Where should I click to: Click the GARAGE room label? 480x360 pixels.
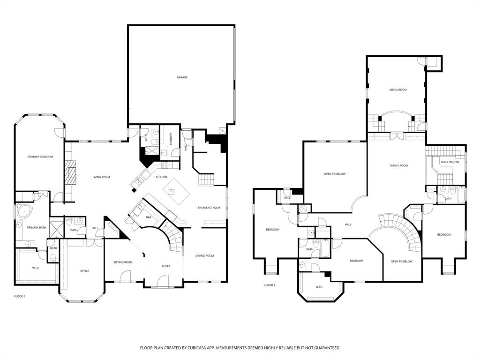coord(182,77)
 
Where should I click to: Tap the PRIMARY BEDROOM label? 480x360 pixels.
coord(40,157)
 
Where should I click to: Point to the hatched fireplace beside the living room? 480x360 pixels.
coord(70,174)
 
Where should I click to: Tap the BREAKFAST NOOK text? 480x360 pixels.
coord(209,207)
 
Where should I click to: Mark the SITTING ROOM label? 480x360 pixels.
coord(123,262)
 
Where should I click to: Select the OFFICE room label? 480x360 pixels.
coord(84,270)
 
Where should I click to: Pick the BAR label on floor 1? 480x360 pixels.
coord(149,217)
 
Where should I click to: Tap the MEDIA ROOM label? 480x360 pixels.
coord(398,90)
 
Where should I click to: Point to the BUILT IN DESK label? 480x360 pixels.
coord(450,162)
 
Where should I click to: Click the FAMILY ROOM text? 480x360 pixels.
coord(398,165)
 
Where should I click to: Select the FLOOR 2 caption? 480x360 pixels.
coord(270,285)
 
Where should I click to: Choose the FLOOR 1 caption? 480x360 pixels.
coord(19,296)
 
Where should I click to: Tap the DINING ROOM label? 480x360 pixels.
coord(204,255)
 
